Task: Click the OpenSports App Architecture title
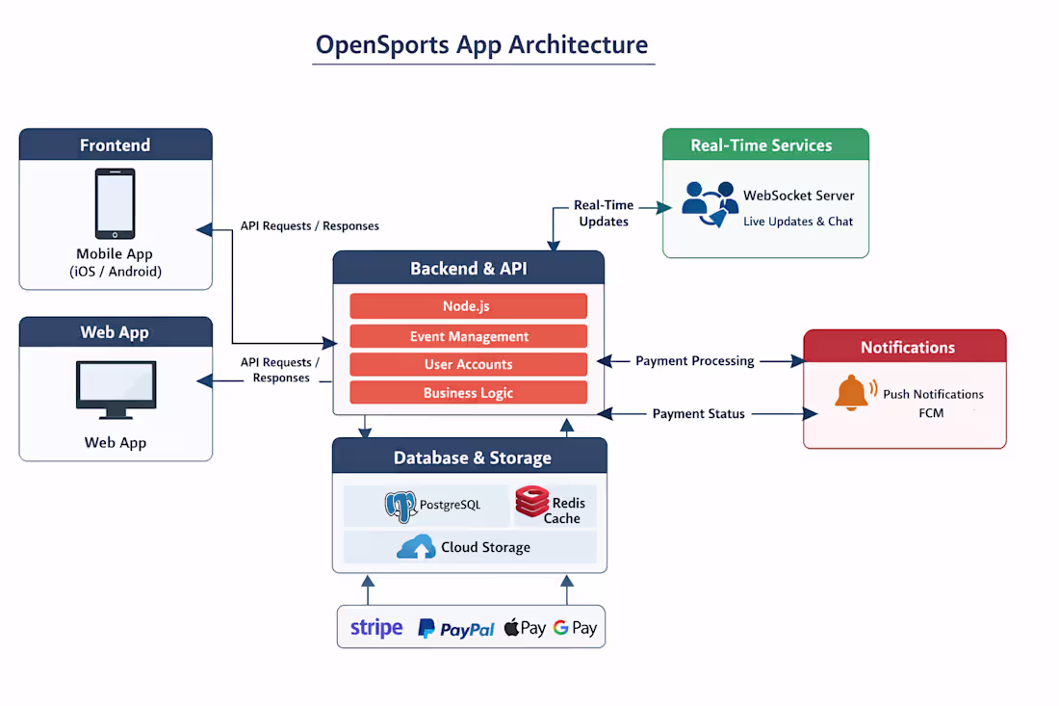tap(482, 45)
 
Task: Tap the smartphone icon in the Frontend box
tap(115, 204)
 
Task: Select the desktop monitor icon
tap(116, 390)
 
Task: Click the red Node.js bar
tap(468, 306)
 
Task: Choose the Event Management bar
tap(468, 336)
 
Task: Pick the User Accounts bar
tap(468, 364)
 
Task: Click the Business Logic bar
tap(468, 392)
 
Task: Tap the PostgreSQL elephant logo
tap(400, 506)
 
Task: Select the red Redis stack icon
tap(531, 503)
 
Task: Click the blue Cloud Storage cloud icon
tap(416, 548)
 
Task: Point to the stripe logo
tap(376, 628)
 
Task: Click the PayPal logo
tap(456, 629)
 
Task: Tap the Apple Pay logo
tap(525, 628)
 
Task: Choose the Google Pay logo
tap(575, 628)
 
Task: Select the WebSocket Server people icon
tap(710, 202)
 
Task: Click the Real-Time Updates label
tap(604, 213)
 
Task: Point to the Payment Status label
tap(698, 413)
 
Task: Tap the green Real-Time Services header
tap(765, 145)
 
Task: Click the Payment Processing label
tap(694, 360)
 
